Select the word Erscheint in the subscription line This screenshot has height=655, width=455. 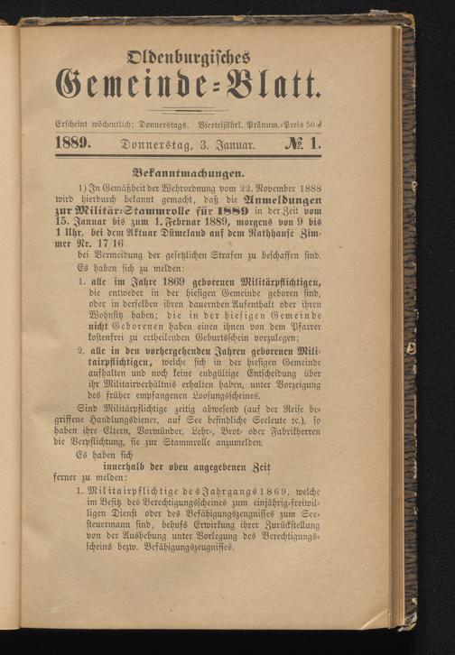click(x=75, y=122)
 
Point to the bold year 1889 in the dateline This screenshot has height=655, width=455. click(x=75, y=143)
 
